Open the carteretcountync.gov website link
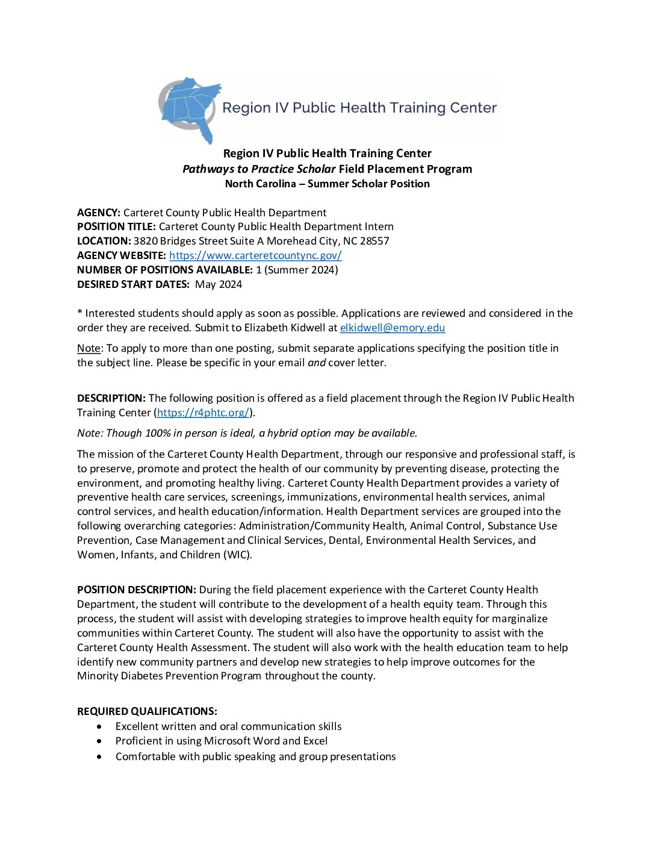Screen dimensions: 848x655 coord(255,255)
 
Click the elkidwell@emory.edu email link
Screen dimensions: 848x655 coord(392,328)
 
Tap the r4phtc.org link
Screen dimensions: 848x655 coord(203,413)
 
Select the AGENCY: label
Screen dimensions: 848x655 coord(99,213)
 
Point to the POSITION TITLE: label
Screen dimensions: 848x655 coord(116,226)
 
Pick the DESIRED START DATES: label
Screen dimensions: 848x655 coord(133,284)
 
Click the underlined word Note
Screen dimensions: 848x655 coord(88,348)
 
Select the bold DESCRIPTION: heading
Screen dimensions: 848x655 coord(111,398)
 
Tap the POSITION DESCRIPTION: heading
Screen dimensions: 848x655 coord(137,590)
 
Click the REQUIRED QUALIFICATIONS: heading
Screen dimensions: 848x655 coord(147,711)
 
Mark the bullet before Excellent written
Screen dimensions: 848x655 coord(99,727)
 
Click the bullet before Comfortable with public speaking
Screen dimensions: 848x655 coord(99,757)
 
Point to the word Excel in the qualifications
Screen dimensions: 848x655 coord(315,741)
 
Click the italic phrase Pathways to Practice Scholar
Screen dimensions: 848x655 coord(259,169)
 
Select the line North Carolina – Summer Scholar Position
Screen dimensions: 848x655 coord(327,184)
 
